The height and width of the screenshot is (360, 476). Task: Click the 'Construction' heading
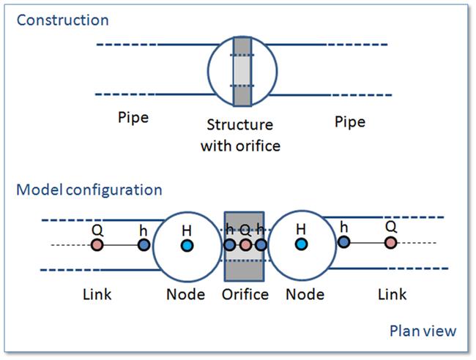coord(62,20)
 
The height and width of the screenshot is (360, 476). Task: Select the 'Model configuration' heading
coord(89,190)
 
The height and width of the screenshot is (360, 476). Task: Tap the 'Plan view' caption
coord(423,331)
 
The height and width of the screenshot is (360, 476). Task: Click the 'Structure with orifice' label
coord(240,135)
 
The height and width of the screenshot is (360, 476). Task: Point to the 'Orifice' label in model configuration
coord(245,294)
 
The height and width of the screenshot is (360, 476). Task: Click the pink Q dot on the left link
coord(97,244)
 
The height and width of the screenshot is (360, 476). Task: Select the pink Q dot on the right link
coord(391,243)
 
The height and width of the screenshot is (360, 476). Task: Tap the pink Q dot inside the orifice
coord(245,244)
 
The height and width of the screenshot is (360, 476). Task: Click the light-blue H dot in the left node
coord(187,245)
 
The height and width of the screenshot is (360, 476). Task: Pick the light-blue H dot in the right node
coord(301,244)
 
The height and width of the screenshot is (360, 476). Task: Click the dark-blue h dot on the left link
coord(144,244)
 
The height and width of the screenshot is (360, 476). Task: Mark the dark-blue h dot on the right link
coord(343,241)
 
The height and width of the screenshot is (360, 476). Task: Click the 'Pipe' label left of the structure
coord(133,118)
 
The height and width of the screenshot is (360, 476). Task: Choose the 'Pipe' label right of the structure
coord(350,122)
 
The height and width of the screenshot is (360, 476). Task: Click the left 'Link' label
coord(97,294)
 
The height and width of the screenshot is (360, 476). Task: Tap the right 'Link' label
coord(393,294)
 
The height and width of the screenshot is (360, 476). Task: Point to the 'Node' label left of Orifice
coord(186,294)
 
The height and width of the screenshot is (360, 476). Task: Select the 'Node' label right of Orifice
coord(305,294)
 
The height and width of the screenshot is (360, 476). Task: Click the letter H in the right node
coord(301,229)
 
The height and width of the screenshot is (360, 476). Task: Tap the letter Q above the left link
coord(97,230)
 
